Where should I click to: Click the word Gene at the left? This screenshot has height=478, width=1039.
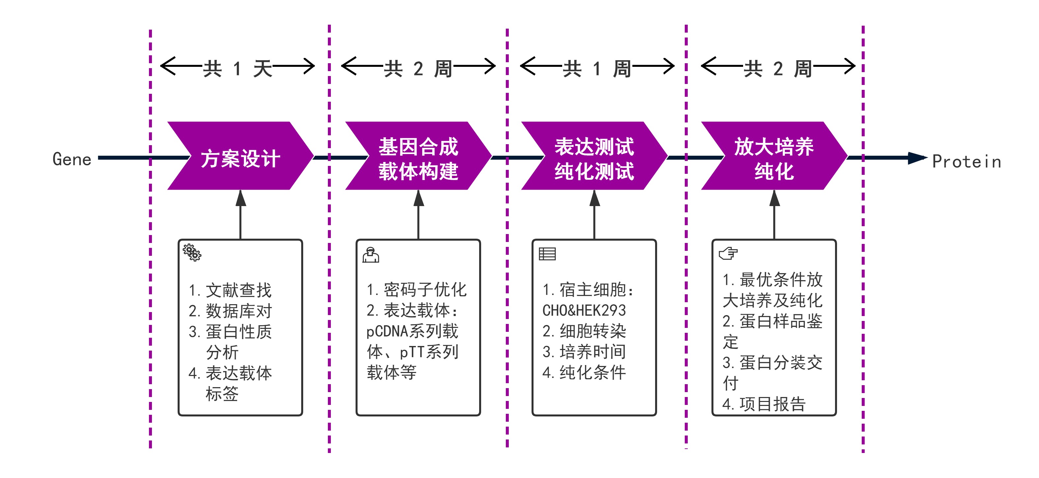point(72,159)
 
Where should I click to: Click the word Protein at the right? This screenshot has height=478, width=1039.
point(967,162)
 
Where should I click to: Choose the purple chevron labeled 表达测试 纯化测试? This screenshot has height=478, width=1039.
point(594,156)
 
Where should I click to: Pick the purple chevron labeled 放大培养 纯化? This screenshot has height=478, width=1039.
point(774,156)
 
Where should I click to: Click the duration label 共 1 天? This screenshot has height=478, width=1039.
point(238,68)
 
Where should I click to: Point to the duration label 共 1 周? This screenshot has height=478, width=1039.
point(597,68)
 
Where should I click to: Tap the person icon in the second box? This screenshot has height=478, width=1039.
point(371,255)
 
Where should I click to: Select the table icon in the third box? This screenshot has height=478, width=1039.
point(547,253)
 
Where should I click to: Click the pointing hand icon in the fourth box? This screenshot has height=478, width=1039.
point(729,253)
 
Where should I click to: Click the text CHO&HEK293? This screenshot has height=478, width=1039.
point(584,310)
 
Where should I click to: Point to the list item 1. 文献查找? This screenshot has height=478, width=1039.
point(230,290)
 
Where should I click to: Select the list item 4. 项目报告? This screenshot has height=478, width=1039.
point(764,404)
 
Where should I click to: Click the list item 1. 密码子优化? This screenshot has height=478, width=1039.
point(417,289)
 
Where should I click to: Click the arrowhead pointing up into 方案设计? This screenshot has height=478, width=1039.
point(241,198)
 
